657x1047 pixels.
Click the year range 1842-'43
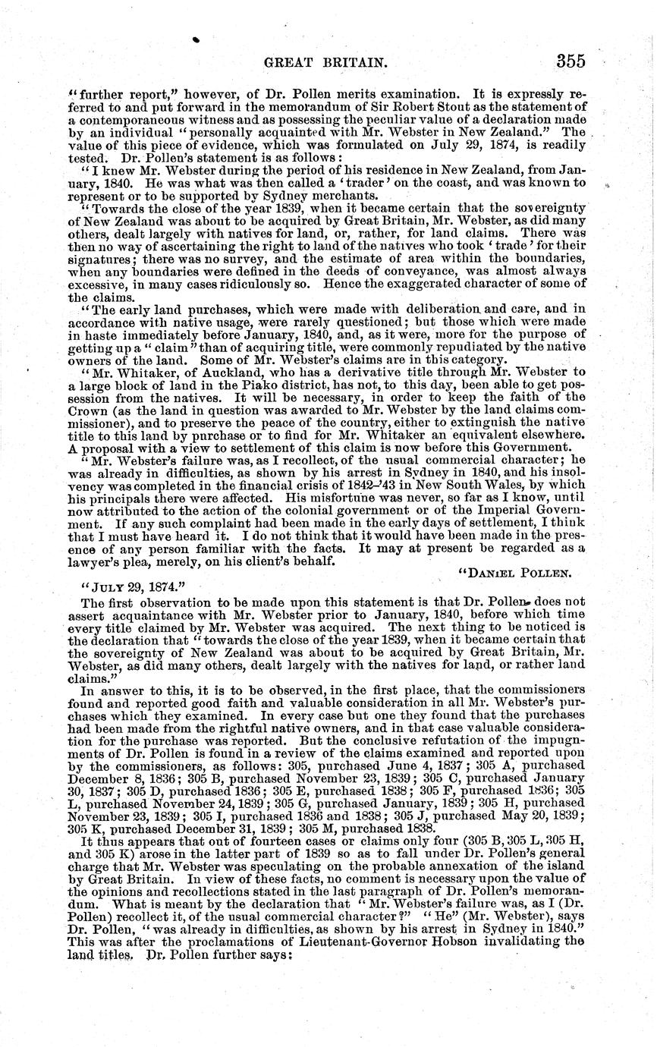point(371,495)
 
